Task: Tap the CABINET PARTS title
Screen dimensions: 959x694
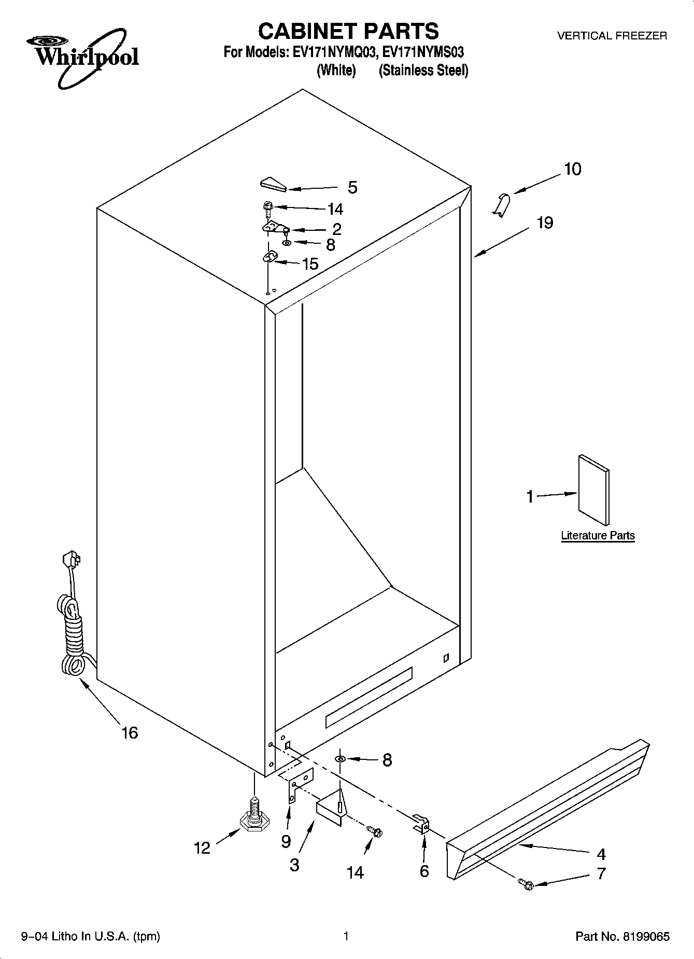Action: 348,31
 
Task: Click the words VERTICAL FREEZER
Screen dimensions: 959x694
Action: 612,36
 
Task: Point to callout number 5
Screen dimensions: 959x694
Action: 352,187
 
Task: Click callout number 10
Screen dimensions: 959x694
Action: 572,169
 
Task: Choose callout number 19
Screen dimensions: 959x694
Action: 545,223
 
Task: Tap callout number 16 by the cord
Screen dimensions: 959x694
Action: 130,732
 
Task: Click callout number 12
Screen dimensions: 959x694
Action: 202,847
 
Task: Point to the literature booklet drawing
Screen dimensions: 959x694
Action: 593,490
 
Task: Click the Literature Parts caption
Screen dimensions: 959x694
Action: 598,536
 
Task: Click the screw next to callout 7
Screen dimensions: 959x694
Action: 527,885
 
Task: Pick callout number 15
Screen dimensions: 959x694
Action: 310,264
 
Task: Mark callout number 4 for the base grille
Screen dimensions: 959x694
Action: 601,854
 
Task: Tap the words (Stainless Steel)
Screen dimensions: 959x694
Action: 423,71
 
